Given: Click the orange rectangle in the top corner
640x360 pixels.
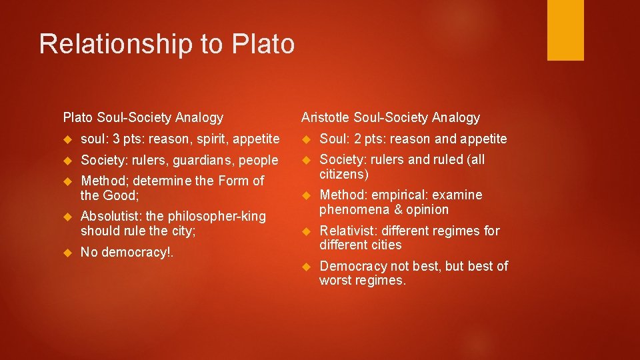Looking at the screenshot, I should pyautogui.click(x=565, y=29).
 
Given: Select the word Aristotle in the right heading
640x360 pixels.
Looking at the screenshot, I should pyautogui.click(x=325, y=118).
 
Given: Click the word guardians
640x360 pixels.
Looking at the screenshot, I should pyautogui.click(x=208, y=161).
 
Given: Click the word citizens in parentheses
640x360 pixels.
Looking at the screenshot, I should pyautogui.click(x=342, y=175).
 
